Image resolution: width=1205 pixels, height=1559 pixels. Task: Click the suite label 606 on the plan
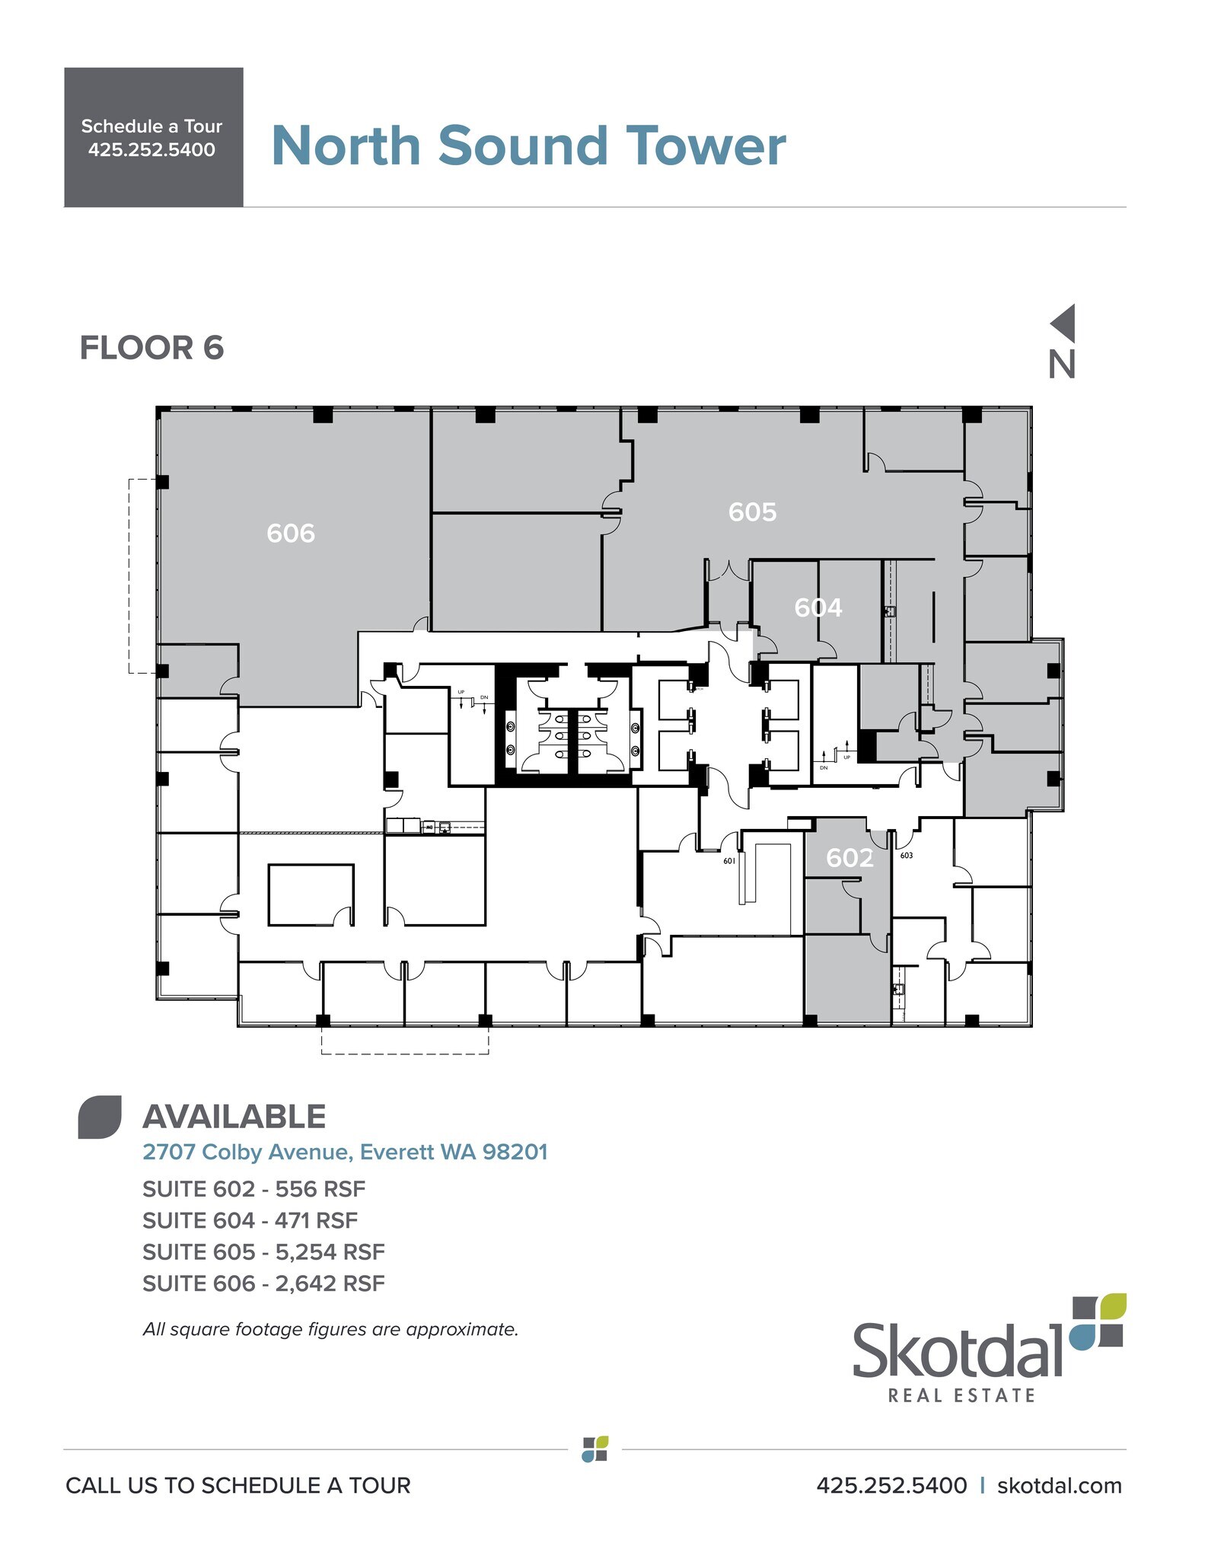(290, 533)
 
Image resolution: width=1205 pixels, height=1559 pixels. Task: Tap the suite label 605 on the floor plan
(752, 512)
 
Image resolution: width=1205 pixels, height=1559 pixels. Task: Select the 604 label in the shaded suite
(818, 607)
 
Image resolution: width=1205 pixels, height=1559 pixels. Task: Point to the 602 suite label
(850, 858)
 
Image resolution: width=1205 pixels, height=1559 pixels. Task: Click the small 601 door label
(729, 861)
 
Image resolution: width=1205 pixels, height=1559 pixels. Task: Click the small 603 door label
(906, 856)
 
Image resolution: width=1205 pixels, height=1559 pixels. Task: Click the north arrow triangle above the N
(1064, 323)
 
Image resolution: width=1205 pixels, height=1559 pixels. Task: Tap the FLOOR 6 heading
(151, 348)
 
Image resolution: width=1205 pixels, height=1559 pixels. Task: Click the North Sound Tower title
(528, 145)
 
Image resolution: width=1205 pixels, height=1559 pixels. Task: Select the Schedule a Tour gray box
(153, 137)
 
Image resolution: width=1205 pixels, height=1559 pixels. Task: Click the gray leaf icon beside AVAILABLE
(100, 1117)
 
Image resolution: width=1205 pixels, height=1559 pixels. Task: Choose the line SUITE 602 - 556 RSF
(253, 1188)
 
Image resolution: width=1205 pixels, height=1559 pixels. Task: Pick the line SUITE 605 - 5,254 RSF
(263, 1251)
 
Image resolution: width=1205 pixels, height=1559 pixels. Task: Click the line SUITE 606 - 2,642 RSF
(263, 1283)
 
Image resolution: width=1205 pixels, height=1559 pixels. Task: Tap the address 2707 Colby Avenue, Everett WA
(345, 1152)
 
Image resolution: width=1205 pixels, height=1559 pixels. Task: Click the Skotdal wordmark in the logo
(956, 1350)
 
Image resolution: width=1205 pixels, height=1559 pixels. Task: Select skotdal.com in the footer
(1059, 1485)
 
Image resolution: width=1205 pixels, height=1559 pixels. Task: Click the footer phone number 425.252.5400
(891, 1485)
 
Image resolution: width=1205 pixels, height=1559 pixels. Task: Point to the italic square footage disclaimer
(330, 1329)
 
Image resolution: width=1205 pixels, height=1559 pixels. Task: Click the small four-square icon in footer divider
(595, 1449)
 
